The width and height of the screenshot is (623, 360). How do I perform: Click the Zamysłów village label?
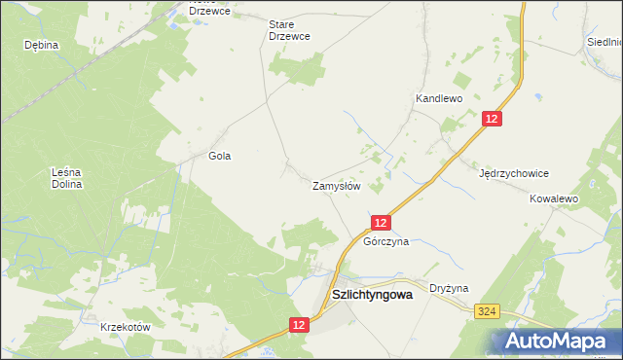tap(337, 185)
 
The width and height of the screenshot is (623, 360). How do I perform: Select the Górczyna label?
tap(385, 241)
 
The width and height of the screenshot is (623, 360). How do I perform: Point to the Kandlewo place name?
tap(438, 98)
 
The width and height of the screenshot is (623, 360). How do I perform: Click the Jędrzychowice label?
tap(515, 173)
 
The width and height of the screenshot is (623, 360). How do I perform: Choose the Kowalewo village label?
tap(554, 198)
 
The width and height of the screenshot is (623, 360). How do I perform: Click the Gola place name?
tap(220, 156)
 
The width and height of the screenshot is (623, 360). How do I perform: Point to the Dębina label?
tap(42, 45)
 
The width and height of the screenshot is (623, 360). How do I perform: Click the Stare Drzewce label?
tap(289, 30)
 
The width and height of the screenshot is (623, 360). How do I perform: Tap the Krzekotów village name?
tap(126, 328)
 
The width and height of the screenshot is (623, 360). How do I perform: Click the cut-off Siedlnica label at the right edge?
tap(605, 42)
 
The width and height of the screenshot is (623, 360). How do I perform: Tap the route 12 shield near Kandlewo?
tap(493, 119)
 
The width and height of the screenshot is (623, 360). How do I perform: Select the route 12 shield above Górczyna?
tap(382, 223)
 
